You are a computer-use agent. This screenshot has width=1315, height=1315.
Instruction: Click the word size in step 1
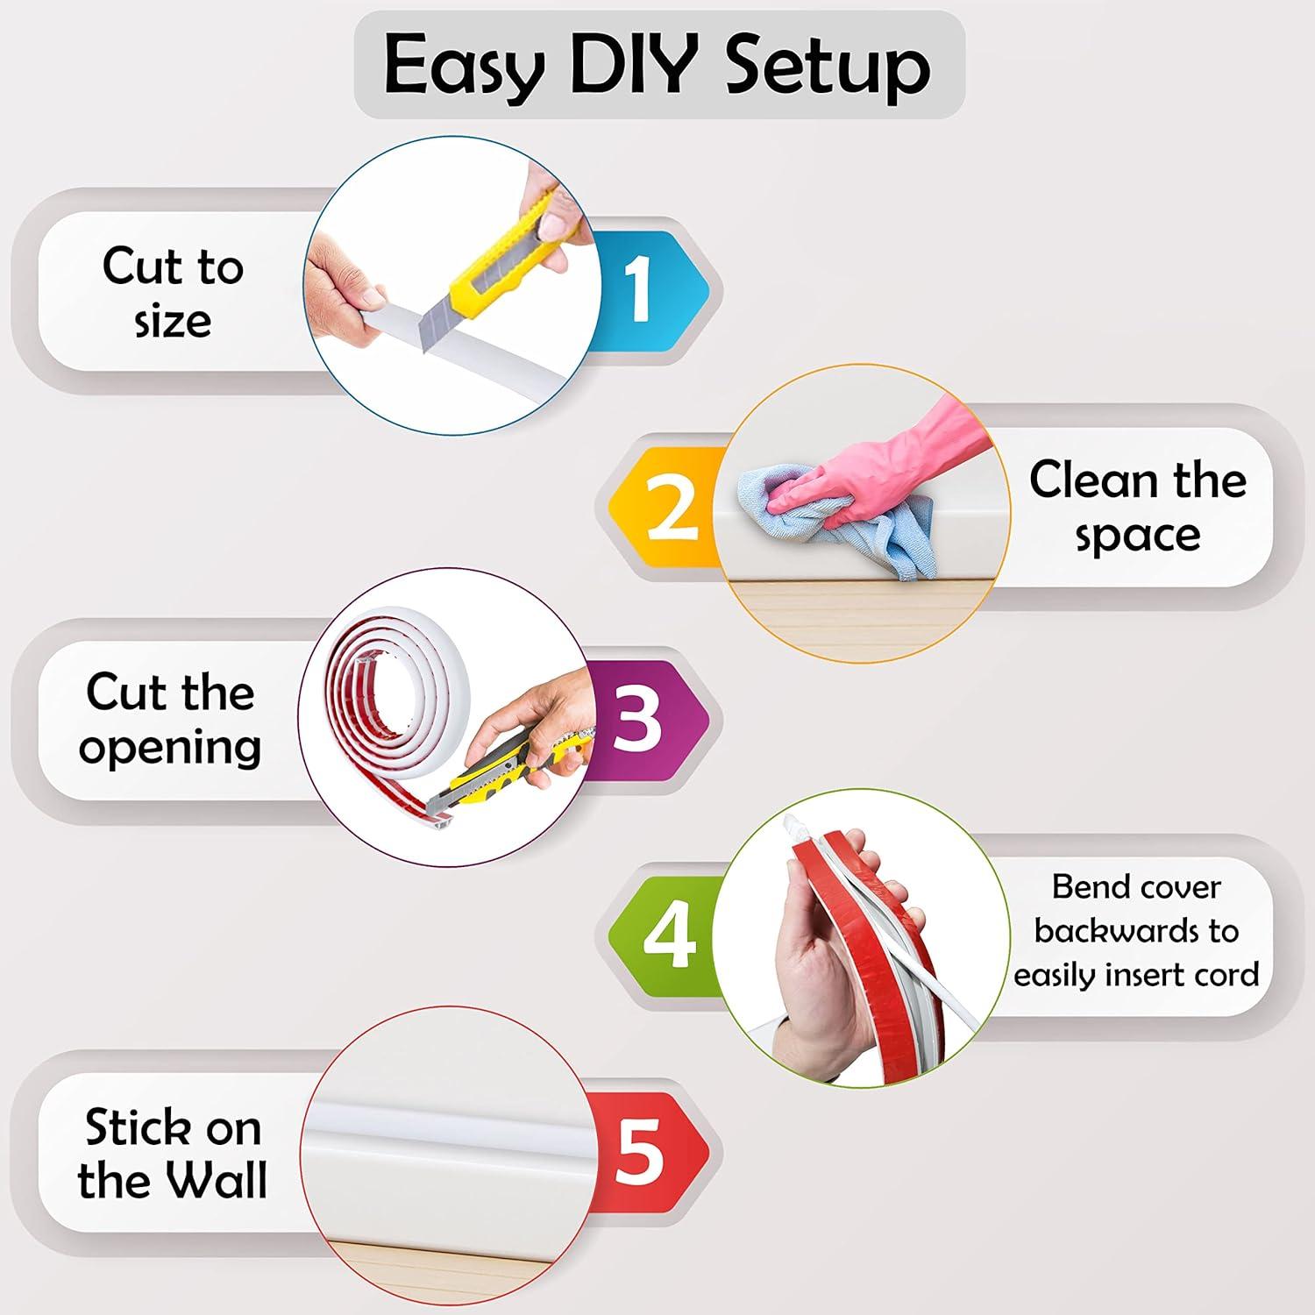[x=173, y=322]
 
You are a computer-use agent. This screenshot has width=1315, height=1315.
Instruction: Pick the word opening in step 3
[x=170, y=748]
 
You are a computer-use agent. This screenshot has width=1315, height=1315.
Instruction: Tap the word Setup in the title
[x=828, y=67]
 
